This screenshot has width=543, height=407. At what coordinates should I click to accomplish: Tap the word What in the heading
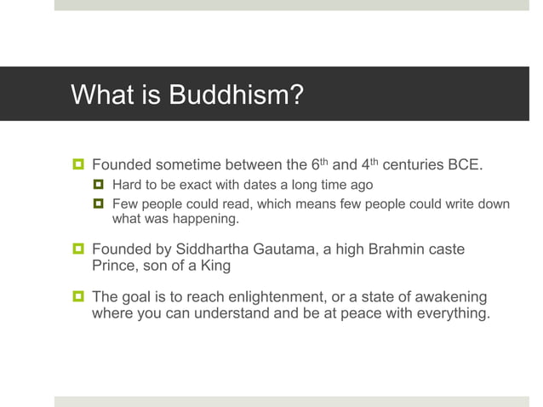[100, 94]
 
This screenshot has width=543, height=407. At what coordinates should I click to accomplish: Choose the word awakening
[449, 297]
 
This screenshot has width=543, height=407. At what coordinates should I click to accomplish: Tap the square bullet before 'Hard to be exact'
[99, 185]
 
